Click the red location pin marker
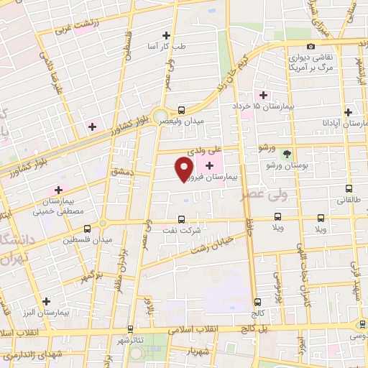click(x=184, y=167)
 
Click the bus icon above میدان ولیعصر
click(x=181, y=110)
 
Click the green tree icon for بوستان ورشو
click(x=287, y=154)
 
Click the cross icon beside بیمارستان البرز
click(x=47, y=302)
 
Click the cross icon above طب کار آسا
click(x=167, y=34)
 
